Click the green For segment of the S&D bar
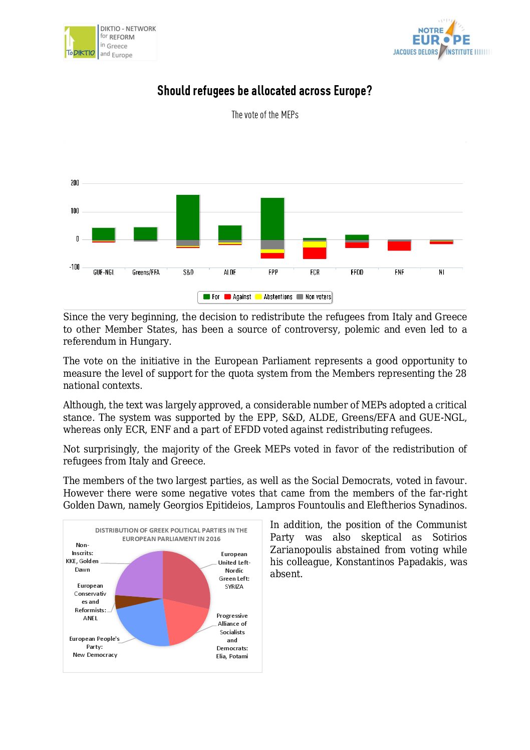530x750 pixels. click(x=188, y=217)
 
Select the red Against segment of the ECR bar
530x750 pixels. click(x=315, y=253)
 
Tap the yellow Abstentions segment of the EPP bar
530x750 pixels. click(x=273, y=251)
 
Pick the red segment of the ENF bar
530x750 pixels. click(x=399, y=246)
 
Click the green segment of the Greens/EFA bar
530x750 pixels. click(x=145, y=233)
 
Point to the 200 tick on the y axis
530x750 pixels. click(x=75, y=183)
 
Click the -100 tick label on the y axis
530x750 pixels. click(x=74, y=267)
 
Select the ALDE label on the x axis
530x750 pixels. click(x=230, y=273)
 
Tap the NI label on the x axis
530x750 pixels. click(x=441, y=273)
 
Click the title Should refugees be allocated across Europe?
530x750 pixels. click(x=264, y=91)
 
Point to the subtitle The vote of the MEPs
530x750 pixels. click(x=264, y=115)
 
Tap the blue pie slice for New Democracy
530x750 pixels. click(x=143, y=624)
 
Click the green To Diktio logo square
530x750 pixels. click(x=80, y=42)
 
